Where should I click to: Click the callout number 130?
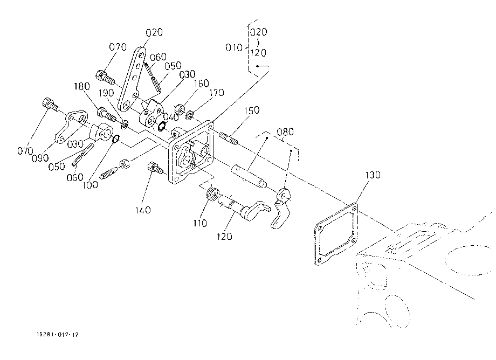pyautogui.click(x=373, y=175)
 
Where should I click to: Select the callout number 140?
pyautogui.click(x=143, y=210)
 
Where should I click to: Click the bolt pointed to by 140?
pyautogui.click(x=155, y=168)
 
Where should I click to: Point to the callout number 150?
pyautogui.click(x=252, y=110)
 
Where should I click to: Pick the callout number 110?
pyautogui.click(x=200, y=224)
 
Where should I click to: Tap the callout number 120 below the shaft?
pyautogui.click(x=224, y=237)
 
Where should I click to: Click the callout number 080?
pyautogui.click(x=285, y=132)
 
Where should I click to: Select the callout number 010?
pyautogui.click(x=234, y=48)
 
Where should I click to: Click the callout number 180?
pyautogui.click(x=82, y=86)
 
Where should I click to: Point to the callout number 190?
pyautogui.click(x=106, y=93)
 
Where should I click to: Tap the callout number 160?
pyautogui.click(x=202, y=84)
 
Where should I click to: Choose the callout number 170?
pyautogui.click(x=217, y=93)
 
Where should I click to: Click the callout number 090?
pyautogui.click(x=40, y=158)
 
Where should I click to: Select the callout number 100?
pyautogui.click(x=90, y=185)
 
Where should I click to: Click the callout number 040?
pyautogui.click(x=171, y=117)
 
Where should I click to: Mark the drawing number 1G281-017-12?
pyautogui.click(x=58, y=334)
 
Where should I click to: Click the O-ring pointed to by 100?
pyautogui.click(x=116, y=139)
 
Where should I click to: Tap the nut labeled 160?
pyautogui.click(x=180, y=109)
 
